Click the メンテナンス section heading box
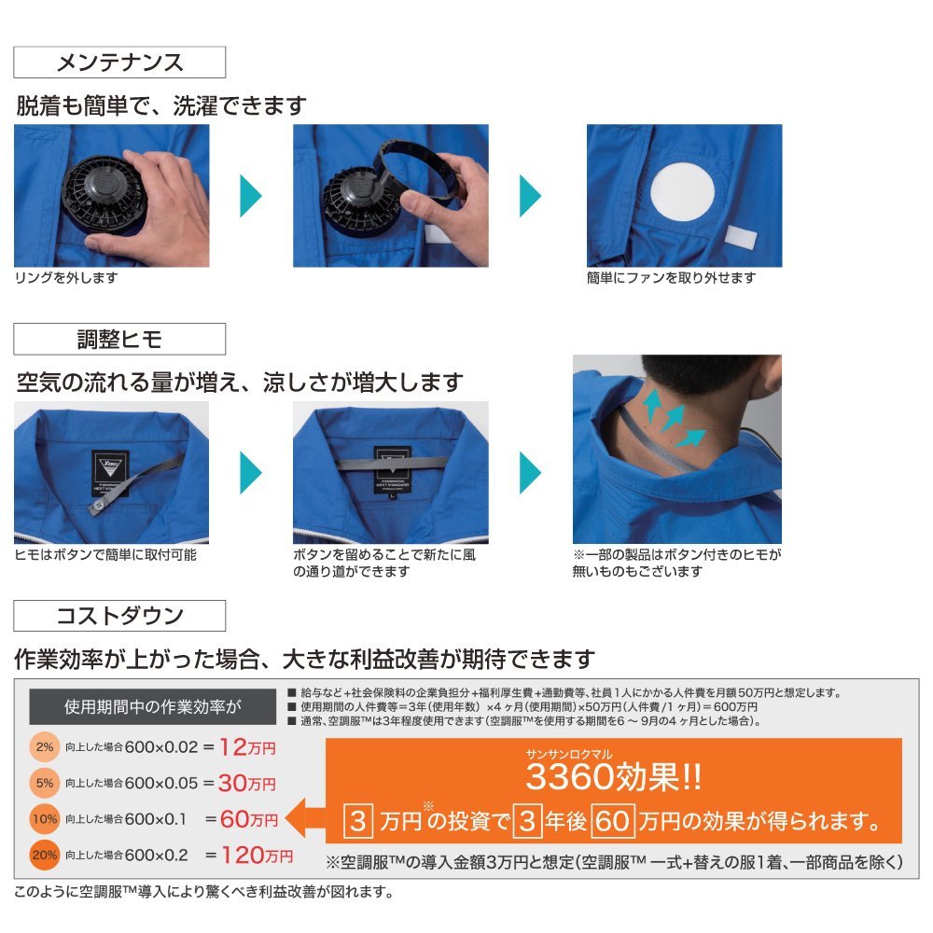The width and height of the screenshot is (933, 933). click(119, 62)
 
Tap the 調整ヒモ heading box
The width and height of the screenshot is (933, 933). click(119, 340)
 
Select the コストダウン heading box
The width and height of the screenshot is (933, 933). click(119, 616)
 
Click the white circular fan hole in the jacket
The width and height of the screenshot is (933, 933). click(683, 190)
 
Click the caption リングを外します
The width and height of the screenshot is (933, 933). click(66, 278)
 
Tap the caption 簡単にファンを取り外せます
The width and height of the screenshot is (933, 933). click(671, 278)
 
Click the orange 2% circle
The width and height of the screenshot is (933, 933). click(44, 747)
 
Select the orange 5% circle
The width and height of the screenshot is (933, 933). click(44, 783)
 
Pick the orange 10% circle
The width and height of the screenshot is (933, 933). click(44, 819)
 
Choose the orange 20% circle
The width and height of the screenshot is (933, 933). click(44, 856)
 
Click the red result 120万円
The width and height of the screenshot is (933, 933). click(258, 856)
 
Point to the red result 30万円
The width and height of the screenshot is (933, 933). click(247, 783)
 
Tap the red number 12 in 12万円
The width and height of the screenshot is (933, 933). click(233, 746)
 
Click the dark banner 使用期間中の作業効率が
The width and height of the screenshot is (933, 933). click(153, 707)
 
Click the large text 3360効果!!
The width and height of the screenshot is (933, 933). click(614, 777)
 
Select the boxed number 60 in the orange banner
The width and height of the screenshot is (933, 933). click(613, 821)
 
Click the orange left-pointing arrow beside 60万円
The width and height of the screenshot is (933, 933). click(305, 818)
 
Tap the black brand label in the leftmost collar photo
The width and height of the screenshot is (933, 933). click(111, 473)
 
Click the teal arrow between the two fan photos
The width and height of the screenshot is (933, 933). click(250, 196)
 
